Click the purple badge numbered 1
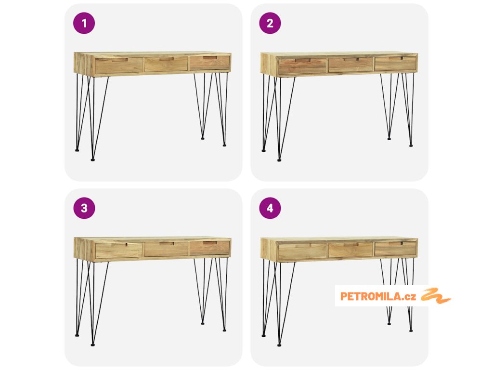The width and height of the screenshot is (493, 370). [84, 23]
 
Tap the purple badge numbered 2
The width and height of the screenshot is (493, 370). [270, 23]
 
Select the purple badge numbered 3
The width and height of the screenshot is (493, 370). [84, 208]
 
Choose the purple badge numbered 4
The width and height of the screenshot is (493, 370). [270, 208]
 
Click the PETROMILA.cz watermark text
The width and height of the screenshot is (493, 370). [378, 296]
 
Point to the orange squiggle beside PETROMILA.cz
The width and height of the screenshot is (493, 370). [436, 296]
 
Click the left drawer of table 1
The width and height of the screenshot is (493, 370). [118, 66]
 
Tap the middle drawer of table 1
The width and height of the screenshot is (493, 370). [166, 64]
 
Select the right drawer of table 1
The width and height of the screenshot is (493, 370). [209, 63]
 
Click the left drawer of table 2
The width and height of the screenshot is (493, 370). [302, 66]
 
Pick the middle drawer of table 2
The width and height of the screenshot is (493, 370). [350, 65]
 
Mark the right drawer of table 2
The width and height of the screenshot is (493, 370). [395, 64]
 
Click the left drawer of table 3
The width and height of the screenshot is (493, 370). [118, 251]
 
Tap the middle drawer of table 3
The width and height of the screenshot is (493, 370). [166, 249]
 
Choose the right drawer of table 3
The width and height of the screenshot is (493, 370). [209, 248]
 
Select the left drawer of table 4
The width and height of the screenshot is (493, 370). [302, 251]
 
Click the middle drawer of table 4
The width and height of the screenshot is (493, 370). [350, 250]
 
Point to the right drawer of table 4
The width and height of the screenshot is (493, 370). [395, 249]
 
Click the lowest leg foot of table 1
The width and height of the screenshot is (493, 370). [93, 160]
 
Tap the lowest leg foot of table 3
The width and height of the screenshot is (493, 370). [93, 345]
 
